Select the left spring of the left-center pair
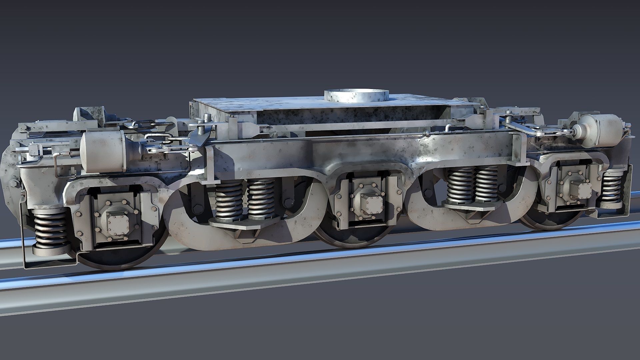[229, 202]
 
